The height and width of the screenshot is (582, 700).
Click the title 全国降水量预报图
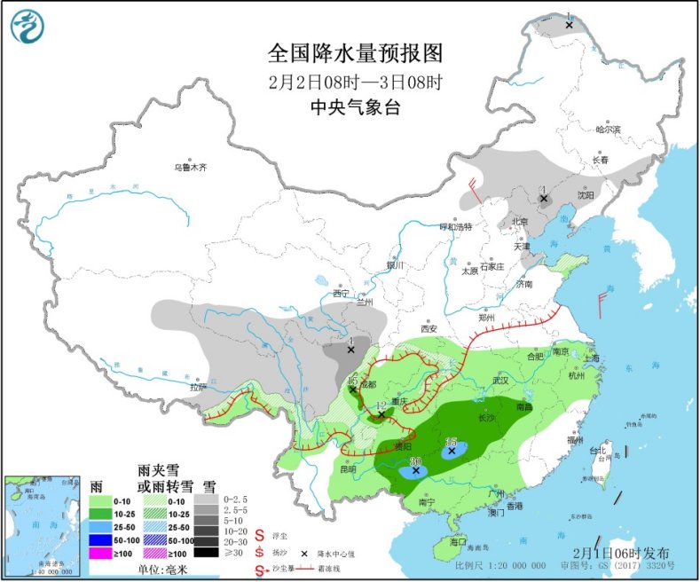coord(355,53)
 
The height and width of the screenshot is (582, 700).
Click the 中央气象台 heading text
coord(355,107)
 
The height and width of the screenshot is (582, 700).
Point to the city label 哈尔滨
coord(609,130)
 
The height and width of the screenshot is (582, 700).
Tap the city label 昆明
coord(346,468)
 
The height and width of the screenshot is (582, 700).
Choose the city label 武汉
coord(501,380)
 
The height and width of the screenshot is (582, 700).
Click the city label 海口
coord(458,541)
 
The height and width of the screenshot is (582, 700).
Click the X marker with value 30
coord(415,471)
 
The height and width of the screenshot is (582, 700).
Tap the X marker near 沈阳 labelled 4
coord(544,198)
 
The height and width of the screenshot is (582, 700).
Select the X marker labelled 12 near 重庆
coord(381,414)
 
